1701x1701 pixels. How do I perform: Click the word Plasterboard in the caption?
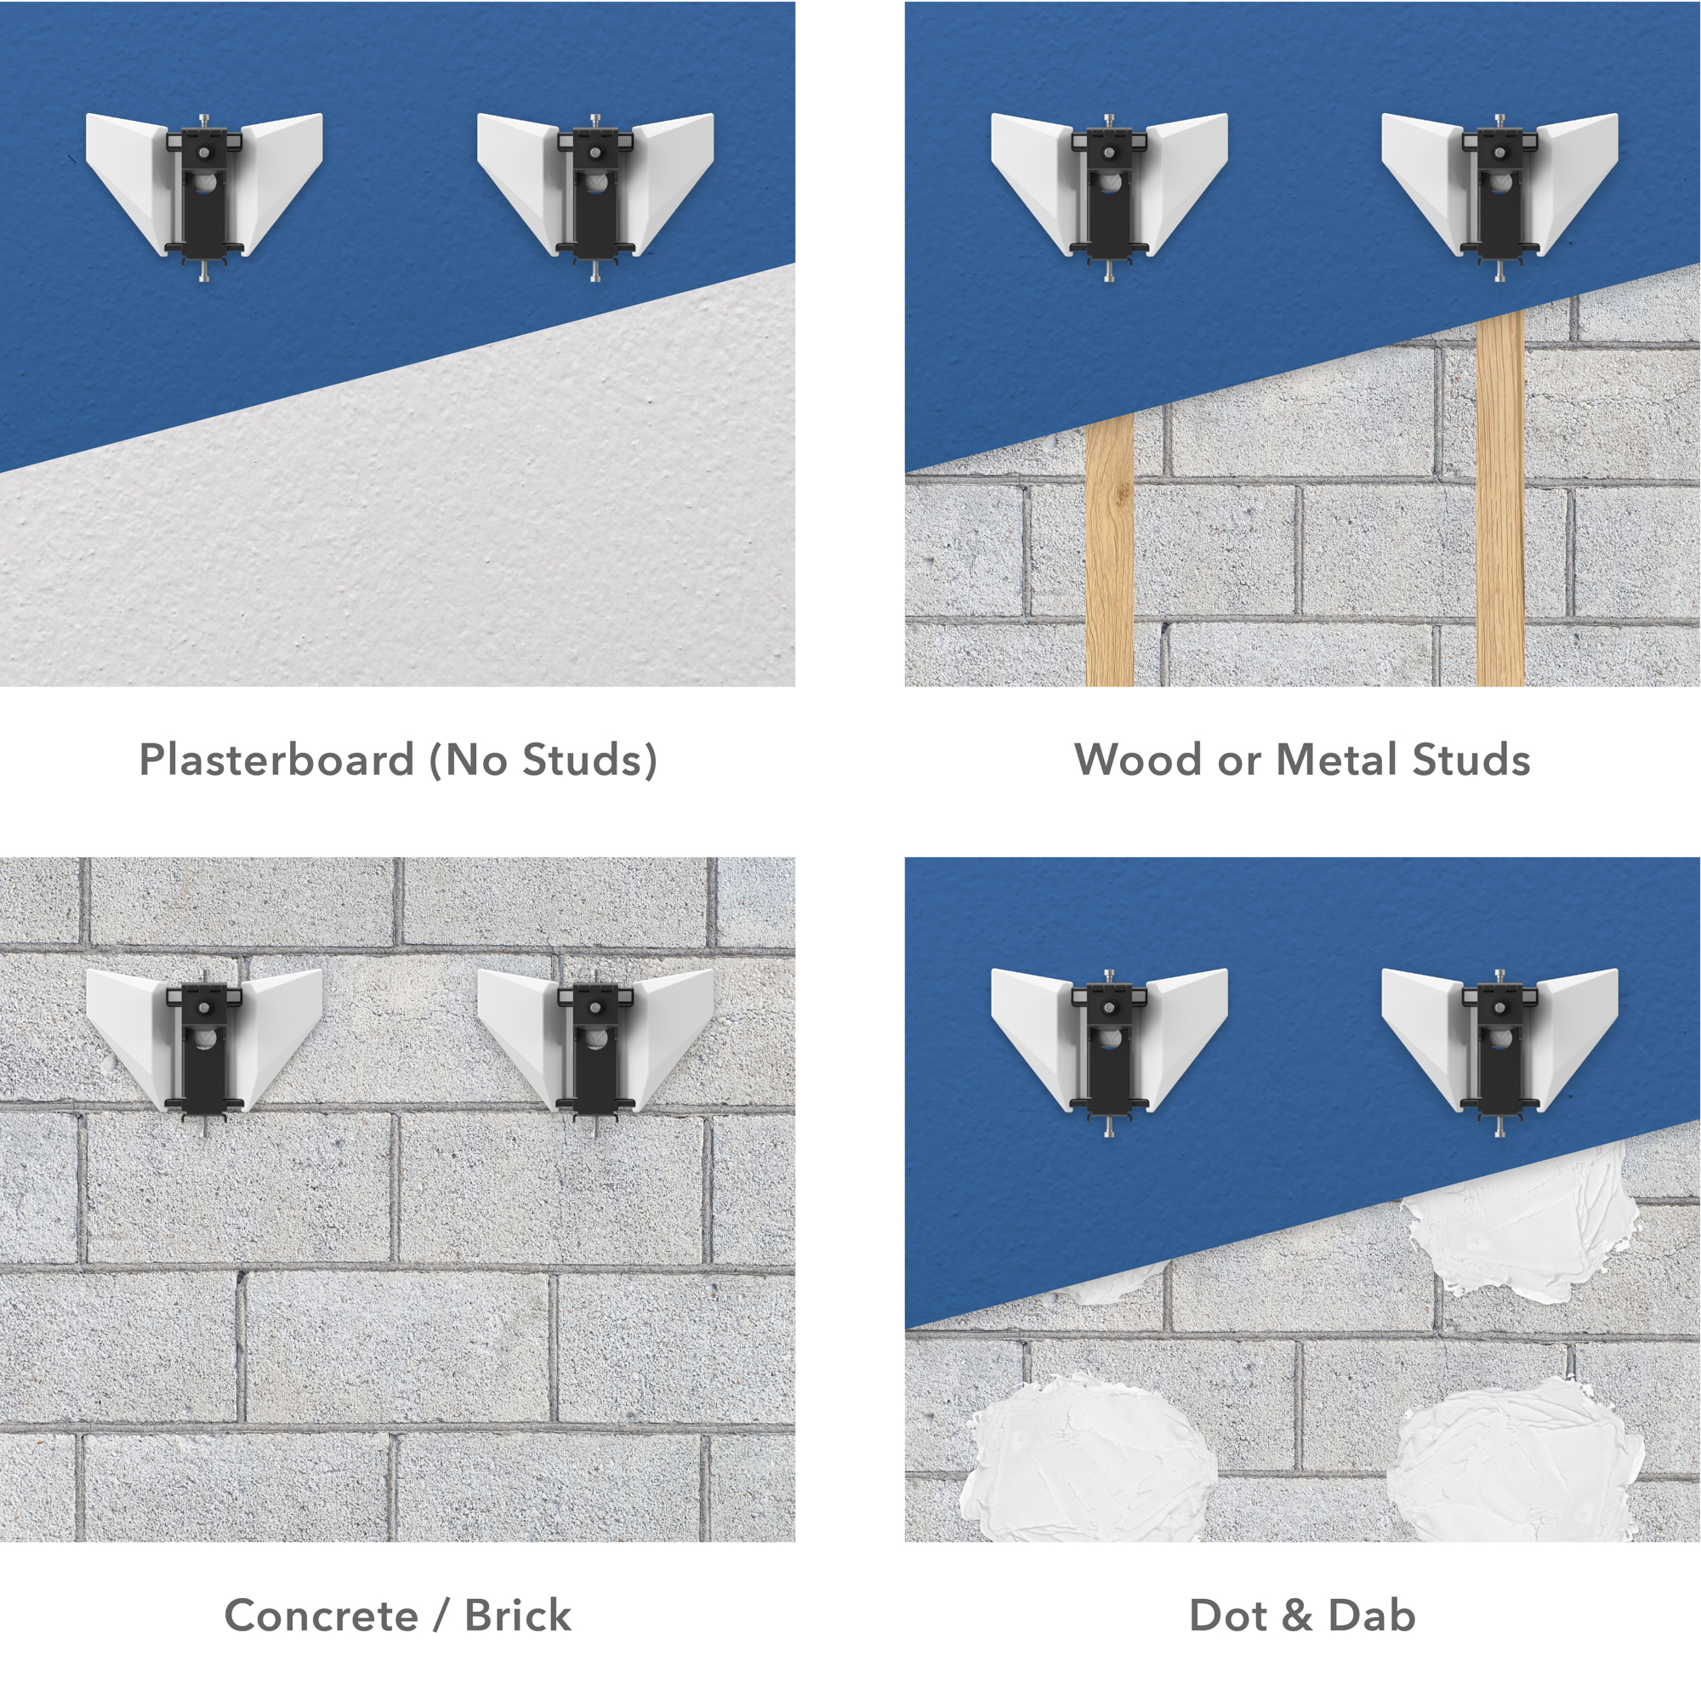[276, 759]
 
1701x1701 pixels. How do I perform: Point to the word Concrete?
[321, 1616]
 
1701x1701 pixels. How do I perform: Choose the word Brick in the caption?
[518, 1616]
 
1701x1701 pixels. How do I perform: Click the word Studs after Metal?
[1471, 759]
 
